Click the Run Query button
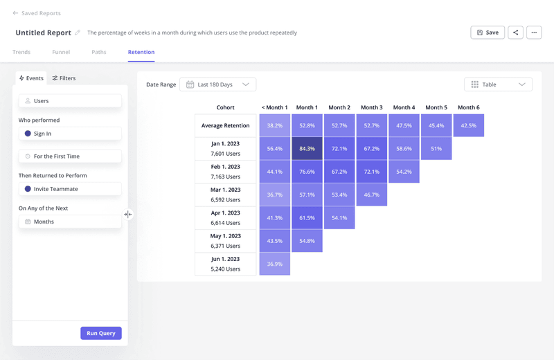pyautogui.click(x=101, y=333)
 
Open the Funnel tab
pyautogui.click(x=61, y=52)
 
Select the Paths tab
pyautogui.click(x=99, y=52)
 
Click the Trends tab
pyautogui.click(x=21, y=52)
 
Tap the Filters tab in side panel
pyautogui.click(x=64, y=78)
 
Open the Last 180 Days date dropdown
pyautogui.click(x=217, y=84)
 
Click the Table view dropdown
pyautogui.click(x=498, y=84)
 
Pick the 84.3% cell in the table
pyautogui.click(x=307, y=149)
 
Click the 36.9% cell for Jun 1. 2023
pyautogui.click(x=275, y=264)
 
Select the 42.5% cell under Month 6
pyautogui.click(x=469, y=125)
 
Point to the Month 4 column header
pyautogui.click(x=404, y=107)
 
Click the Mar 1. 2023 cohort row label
pyautogui.click(x=226, y=195)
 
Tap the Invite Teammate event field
pyautogui.click(x=70, y=189)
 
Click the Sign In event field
pyautogui.click(x=70, y=134)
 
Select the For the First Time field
pyautogui.click(x=70, y=156)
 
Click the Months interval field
pyautogui.click(x=70, y=222)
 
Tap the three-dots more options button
pyautogui.click(x=533, y=33)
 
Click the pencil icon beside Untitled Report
pyautogui.click(x=78, y=33)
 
